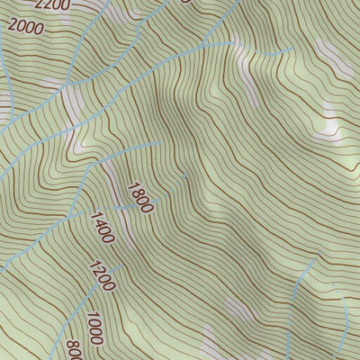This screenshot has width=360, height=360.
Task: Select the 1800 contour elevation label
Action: [140, 197]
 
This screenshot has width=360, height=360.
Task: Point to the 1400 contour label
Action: [102, 228]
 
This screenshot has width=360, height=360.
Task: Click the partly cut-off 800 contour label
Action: [74, 349]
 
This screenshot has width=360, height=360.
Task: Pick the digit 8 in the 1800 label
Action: [135, 191]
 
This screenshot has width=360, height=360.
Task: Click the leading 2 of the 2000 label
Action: [12, 23]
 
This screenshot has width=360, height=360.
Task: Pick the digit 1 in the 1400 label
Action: [93, 216]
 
